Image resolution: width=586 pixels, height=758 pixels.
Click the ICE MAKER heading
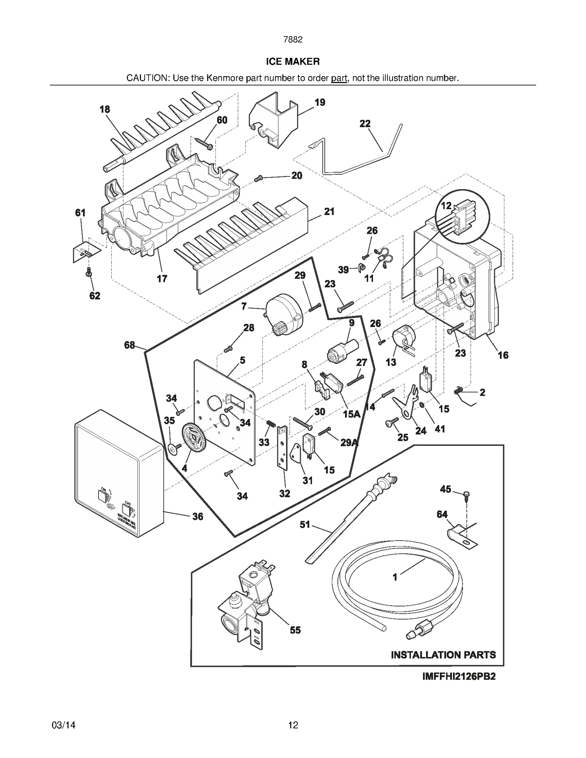pos(293,61)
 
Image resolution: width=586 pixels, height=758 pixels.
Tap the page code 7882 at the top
pos(293,40)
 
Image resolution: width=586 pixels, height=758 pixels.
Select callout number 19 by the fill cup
pos(320,102)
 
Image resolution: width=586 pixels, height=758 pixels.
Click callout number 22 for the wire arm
pos(365,124)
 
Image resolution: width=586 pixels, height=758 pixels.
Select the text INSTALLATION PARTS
pos(443,655)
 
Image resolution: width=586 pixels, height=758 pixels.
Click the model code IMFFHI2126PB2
pos(459,676)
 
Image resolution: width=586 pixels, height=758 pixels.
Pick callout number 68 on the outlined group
pos(129,345)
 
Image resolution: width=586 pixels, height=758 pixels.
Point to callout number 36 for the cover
pos(197,516)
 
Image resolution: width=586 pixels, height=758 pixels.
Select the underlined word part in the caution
pos(339,78)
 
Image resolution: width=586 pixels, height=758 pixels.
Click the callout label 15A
pos(352,414)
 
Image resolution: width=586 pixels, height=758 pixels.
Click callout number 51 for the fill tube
pos(305,525)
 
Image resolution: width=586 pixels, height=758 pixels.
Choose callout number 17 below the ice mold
pos(162,279)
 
